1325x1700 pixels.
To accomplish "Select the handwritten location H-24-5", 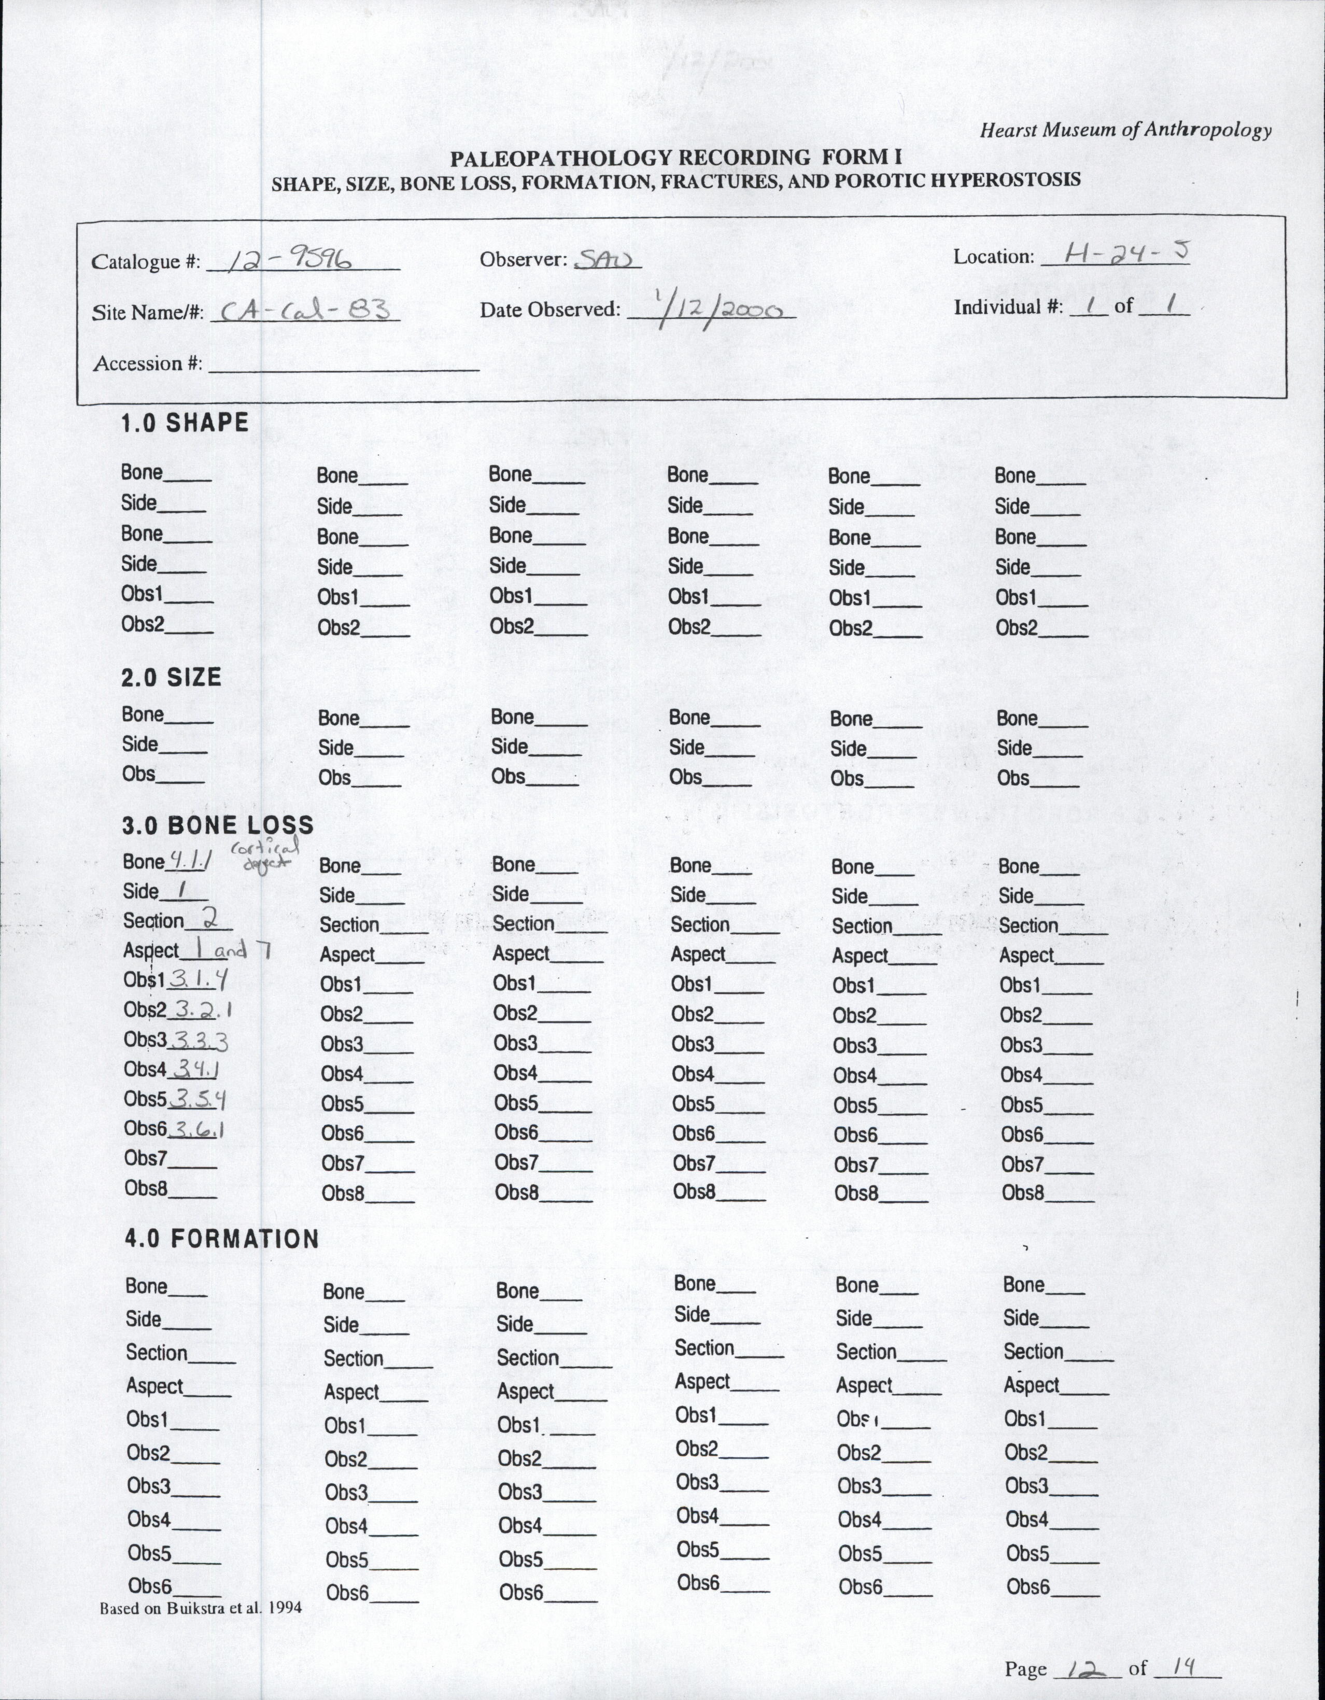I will tap(1115, 253).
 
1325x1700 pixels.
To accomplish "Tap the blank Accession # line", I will tap(343, 366).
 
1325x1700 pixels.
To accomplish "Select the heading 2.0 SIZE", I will tap(171, 677).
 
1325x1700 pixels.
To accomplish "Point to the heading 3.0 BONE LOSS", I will tap(218, 825).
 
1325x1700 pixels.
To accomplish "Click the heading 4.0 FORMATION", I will tap(222, 1239).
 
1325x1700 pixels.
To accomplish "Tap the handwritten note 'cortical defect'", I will tap(264, 854).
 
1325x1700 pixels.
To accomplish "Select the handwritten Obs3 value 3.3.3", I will tap(199, 1041).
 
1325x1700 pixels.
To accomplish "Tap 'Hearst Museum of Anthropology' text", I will tap(1125, 130).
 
